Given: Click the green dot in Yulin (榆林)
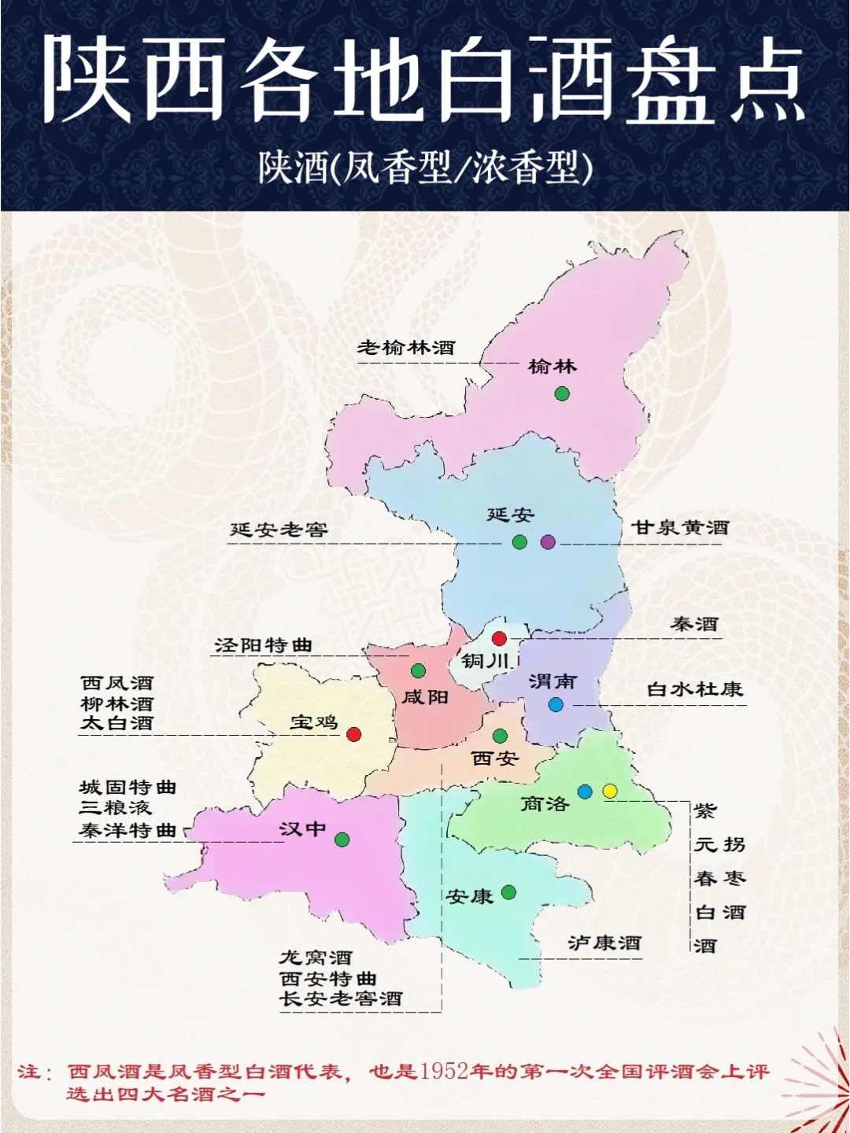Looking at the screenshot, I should click(562, 393).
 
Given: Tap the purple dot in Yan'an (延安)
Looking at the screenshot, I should click(548, 542).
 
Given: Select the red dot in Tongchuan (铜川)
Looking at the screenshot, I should click(499, 639).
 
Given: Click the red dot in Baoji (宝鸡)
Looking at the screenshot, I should click(354, 734).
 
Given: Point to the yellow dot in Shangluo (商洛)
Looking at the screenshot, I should click(610, 791).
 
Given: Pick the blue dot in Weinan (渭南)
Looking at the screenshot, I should click(556, 704).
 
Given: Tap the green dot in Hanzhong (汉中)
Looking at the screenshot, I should click(342, 840).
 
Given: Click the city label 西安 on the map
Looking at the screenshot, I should click(495, 758).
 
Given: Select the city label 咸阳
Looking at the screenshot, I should click(425, 697).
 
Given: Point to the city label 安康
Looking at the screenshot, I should click(469, 896).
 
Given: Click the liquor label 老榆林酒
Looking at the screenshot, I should click(406, 348).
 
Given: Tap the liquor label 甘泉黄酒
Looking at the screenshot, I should click(681, 528).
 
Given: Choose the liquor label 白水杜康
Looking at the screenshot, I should click(695, 690).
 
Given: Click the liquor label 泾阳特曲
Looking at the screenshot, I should click(264, 645).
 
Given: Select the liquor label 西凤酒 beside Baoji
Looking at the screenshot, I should click(117, 683).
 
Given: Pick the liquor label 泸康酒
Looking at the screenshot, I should click(604, 943).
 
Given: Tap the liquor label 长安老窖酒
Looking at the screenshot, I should click(341, 999).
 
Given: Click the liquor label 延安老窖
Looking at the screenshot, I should click(279, 530).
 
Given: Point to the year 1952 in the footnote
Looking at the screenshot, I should click(445, 1072).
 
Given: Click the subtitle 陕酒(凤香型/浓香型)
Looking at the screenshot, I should click(425, 168).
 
